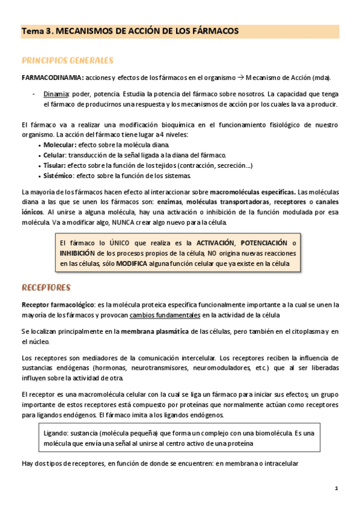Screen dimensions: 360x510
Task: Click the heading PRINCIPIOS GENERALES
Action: coord(67,61)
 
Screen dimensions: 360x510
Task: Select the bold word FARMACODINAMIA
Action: coord(52,78)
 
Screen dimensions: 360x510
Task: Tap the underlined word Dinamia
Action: coord(56,94)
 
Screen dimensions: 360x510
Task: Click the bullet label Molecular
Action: coord(59,145)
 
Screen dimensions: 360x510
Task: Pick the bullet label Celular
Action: coord(55,155)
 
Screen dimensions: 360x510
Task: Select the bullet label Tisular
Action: coord(55,165)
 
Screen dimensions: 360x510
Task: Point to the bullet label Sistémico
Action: coord(58,176)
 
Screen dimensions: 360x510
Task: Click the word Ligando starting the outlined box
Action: coord(57,432)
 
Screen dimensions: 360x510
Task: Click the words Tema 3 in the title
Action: coord(36,30)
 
